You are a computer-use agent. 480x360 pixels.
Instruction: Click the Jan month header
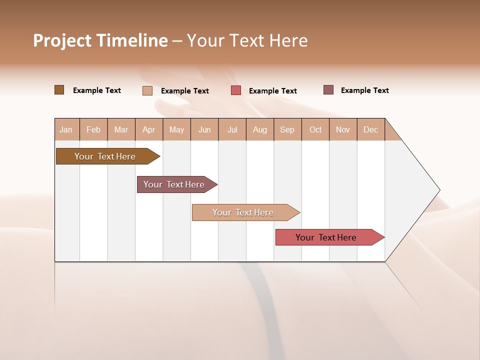pyautogui.click(x=66, y=129)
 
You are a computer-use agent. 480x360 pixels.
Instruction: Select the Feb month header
pyautogui.click(x=93, y=129)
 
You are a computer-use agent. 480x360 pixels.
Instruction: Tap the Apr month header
pyautogui.click(x=148, y=129)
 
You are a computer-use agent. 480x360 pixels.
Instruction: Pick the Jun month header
pyautogui.click(x=204, y=129)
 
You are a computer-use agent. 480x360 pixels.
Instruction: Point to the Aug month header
pyautogui.click(x=259, y=129)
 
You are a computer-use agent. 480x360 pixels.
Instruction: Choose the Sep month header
pyautogui.click(x=287, y=129)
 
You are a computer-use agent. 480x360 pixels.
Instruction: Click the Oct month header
pyautogui.click(x=315, y=129)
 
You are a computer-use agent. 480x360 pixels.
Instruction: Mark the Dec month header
pyautogui.click(x=370, y=129)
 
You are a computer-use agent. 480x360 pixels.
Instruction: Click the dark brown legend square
pyautogui.click(x=59, y=90)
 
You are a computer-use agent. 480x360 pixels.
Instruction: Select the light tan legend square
pyautogui.click(x=147, y=90)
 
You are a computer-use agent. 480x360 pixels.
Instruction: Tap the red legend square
pyautogui.click(x=236, y=90)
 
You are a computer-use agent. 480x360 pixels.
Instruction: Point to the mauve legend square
pyautogui.click(x=328, y=90)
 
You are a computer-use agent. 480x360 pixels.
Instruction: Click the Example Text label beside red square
pyautogui.click(x=272, y=91)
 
